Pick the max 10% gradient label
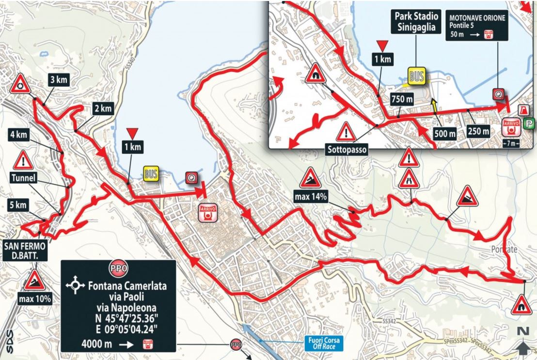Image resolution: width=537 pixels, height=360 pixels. pyautogui.click(x=35, y=299)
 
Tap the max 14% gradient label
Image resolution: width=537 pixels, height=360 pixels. pyautogui.click(x=310, y=196)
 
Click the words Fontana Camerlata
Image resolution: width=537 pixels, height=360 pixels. pyautogui.click(x=127, y=286)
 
